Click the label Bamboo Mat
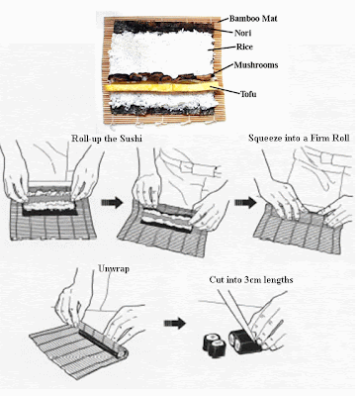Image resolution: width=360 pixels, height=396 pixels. pyautogui.click(x=253, y=19)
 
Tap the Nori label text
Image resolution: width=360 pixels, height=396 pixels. pyautogui.click(x=243, y=33)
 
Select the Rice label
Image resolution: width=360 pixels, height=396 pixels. pyautogui.click(x=244, y=47)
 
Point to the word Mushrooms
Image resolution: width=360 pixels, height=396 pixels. pyautogui.click(x=256, y=65)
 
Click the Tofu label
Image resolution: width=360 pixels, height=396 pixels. pyautogui.click(x=248, y=94)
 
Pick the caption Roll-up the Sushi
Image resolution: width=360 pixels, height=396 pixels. pyautogui.click(x=107, y=139)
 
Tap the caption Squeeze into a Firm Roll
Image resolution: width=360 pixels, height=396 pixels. pyautogui.click(x=299, y=138)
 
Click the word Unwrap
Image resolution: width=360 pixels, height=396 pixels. pyautogui.click(x=114, y=269)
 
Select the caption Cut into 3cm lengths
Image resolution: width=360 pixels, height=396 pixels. pyautogui.click(x=251, y=280)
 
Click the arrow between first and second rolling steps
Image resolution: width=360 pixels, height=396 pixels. pyautogui.click(x=112, y=203)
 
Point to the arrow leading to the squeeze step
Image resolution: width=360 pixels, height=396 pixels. pyautogui.click(x=245, y=203)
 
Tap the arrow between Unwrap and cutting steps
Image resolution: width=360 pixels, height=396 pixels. pyautogui.click(x=175, y=324)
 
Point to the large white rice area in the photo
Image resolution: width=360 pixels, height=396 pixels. pyautogui.click(x=161, y=52)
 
